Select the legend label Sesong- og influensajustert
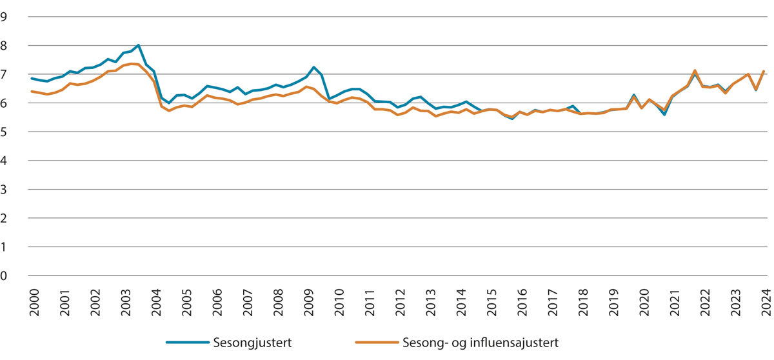pos(481,342)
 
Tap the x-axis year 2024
pos(766,302)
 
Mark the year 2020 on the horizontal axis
pos(644,302)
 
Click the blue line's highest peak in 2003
pos(139,45)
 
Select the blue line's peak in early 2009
pos(313,67)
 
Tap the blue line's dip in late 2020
pos(664,115)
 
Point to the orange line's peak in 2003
pos(132,63)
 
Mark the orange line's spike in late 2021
pos(695,70)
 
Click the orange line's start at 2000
pos(32,92)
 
